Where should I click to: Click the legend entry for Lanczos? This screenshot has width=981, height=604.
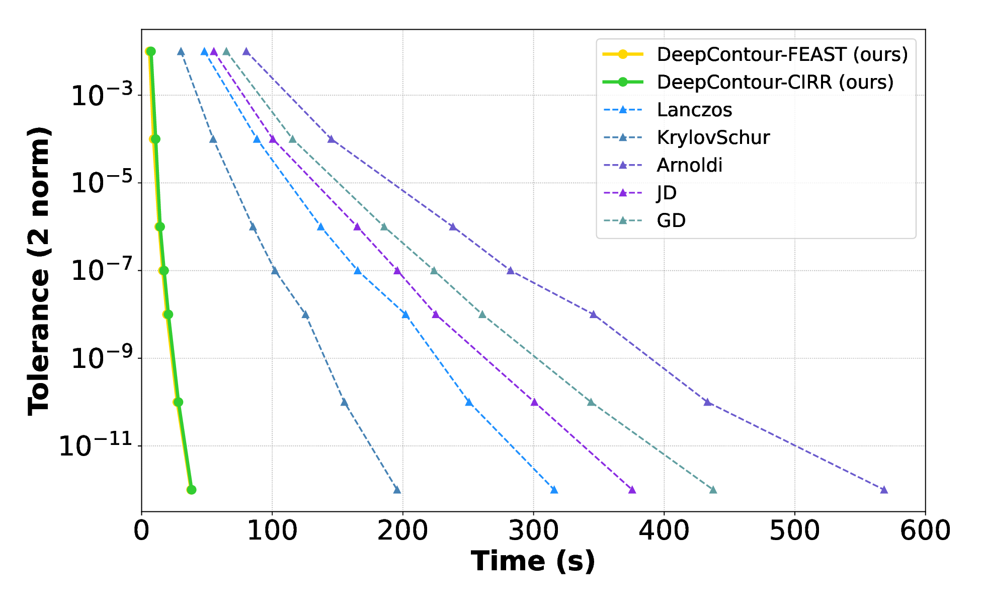tap(694, 110)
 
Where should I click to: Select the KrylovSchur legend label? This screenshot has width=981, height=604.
tap(713, 137)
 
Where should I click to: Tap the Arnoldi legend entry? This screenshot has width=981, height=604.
tap(689, 165)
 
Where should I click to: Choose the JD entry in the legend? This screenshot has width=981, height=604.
tap(667, 193)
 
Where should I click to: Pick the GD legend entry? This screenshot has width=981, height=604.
tap(671, 220)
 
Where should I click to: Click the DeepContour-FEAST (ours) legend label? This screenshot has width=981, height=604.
tap(782, 54)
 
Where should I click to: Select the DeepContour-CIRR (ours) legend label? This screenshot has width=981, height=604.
tap(775, 82)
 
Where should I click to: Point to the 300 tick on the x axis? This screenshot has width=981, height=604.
tap(533, 531)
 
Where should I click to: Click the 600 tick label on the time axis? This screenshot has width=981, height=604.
tap(925, 531)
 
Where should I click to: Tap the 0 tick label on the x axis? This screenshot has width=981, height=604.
tap(141, 531)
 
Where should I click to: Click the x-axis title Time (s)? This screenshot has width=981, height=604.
tap(533, 561)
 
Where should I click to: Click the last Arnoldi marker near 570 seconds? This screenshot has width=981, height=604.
tap(884, 490)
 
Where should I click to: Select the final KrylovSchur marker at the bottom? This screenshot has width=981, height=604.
tap(397, 490)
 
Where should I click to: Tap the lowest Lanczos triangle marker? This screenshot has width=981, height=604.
tap(554, 490)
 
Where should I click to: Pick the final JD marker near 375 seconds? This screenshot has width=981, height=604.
tap(632, 490)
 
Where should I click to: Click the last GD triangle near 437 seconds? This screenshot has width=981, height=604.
tap(713, 490)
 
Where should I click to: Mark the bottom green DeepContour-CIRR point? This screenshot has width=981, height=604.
tap(191, 490)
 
